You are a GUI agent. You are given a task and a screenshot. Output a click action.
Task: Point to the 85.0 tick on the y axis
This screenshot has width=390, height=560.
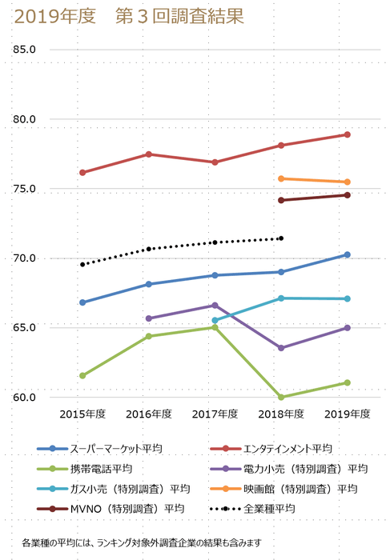[25, 50]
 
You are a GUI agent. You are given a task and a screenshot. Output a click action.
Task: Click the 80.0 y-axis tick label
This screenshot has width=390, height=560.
[25, 119]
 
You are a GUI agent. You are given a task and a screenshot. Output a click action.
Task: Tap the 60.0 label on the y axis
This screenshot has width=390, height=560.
[25, 398]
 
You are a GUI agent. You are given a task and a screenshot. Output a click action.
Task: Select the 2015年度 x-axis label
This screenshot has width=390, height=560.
[82, 414]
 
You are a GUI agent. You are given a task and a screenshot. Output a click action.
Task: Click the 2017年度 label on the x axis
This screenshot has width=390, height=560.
[215, 414]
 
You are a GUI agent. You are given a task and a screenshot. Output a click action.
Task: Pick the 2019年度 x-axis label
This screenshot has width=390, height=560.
[347, 414]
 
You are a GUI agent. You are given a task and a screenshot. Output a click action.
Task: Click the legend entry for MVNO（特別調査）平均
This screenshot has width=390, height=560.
[127, 508]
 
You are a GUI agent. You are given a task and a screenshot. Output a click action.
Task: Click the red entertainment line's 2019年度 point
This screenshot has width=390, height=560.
[347, 134]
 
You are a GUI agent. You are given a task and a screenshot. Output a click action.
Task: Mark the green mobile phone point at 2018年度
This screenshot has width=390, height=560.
[281, 397]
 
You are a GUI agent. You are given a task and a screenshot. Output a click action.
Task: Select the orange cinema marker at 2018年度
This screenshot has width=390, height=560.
[281, 178]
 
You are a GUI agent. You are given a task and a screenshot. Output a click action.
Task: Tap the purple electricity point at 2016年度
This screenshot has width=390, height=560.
[149, 318]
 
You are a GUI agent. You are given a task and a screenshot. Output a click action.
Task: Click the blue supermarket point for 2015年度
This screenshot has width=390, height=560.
[82, 302]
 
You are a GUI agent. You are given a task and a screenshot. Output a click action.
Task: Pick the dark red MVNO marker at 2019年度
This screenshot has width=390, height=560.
[347, 195]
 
